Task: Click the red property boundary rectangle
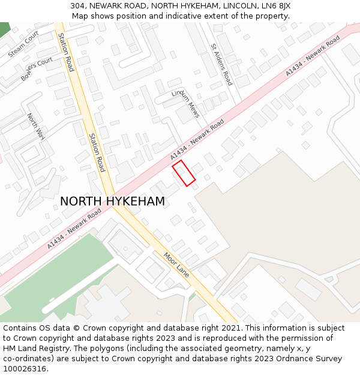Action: tap(184, 173)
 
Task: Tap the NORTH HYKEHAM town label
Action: tap(112, 202)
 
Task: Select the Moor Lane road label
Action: tap(176, 264)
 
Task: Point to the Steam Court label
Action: tap(23, 44)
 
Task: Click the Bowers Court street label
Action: tap(37, 69)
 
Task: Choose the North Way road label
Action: tap(36, 126)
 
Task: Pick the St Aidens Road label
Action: tap(221, 64)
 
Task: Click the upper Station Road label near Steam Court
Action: tap(66, 52)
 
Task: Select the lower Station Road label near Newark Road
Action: tap(97, 152)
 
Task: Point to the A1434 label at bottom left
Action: tap(74, 229)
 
